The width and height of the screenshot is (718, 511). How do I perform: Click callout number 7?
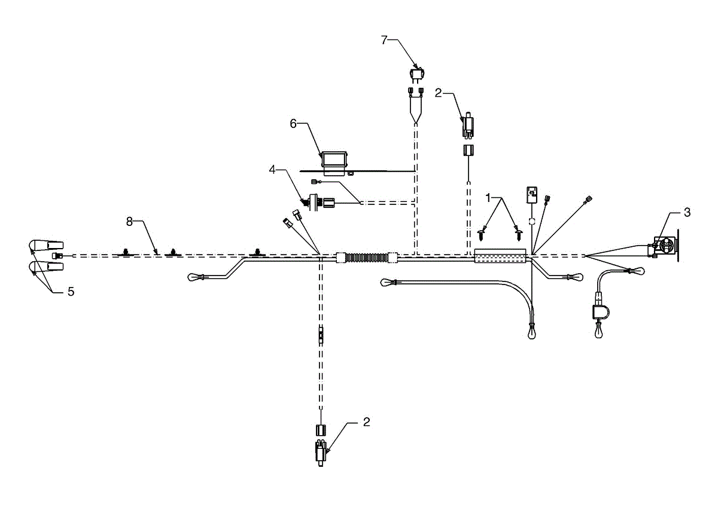click(385, 40)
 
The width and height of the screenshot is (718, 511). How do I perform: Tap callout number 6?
click(293, 124)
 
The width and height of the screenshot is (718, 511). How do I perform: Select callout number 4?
click(272, 170)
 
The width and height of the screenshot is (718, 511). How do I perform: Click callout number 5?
click(71, 292)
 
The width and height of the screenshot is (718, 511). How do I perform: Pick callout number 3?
click(687, 212)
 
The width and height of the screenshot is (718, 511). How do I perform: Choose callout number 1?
click(488, 196)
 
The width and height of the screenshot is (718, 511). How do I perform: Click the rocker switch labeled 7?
click(417, 75)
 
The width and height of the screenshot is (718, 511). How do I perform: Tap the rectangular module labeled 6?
click(334, 160)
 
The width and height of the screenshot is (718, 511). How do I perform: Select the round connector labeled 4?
click(312, 203)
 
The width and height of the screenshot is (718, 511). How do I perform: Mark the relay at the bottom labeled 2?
click(321, 449)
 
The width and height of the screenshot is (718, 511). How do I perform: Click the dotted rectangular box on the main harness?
click(500, 257)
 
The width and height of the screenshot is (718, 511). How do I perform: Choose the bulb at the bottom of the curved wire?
click(531, 332)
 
